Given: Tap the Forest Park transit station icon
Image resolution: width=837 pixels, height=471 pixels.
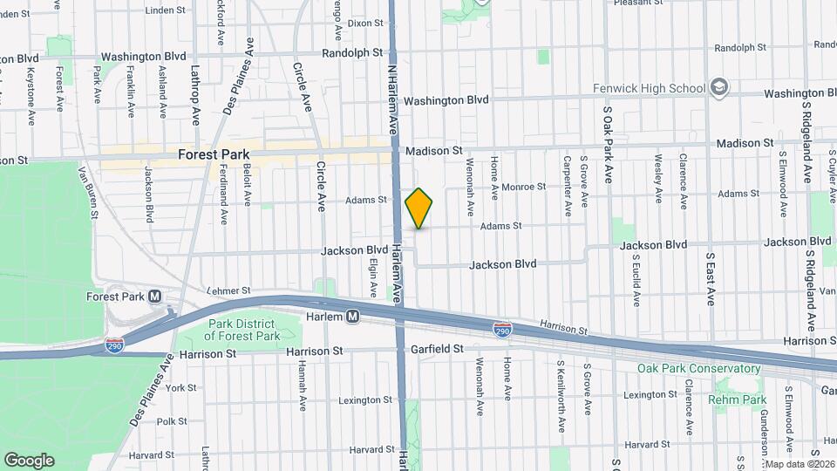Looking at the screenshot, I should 155,297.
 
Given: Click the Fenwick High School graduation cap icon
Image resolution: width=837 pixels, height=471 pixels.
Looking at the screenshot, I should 718,87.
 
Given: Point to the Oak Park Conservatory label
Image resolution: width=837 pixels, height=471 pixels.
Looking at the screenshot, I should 698,369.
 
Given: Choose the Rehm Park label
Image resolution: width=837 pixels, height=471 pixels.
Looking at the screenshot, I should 738,400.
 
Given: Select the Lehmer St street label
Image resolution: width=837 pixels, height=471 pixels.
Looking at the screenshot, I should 228,290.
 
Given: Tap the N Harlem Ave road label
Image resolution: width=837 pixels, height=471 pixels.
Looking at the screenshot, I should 393,96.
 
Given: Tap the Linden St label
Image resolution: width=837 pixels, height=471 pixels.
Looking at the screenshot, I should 165,10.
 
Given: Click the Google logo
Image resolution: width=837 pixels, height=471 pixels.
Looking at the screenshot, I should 28,460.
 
